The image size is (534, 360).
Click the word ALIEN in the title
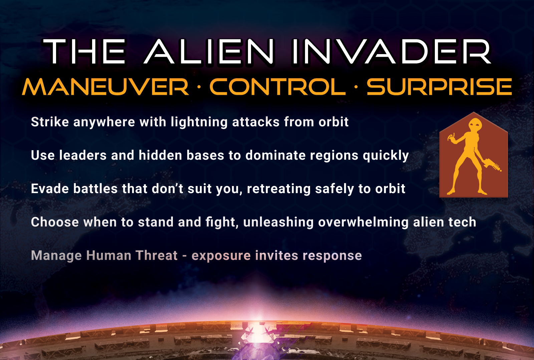point(208,51)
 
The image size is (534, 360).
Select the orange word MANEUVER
point(105,87)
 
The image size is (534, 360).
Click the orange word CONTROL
point(278,87)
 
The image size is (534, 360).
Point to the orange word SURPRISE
point(439,87)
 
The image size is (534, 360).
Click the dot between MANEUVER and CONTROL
point(199,87)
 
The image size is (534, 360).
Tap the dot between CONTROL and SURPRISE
point(356,87)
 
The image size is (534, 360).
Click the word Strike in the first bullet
point(50,122)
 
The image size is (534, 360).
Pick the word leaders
point(83,155)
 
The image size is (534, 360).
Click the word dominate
point(276,155)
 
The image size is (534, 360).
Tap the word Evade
point(50,189)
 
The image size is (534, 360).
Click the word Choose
point(55,222)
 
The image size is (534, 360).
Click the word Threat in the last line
point(157,255)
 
